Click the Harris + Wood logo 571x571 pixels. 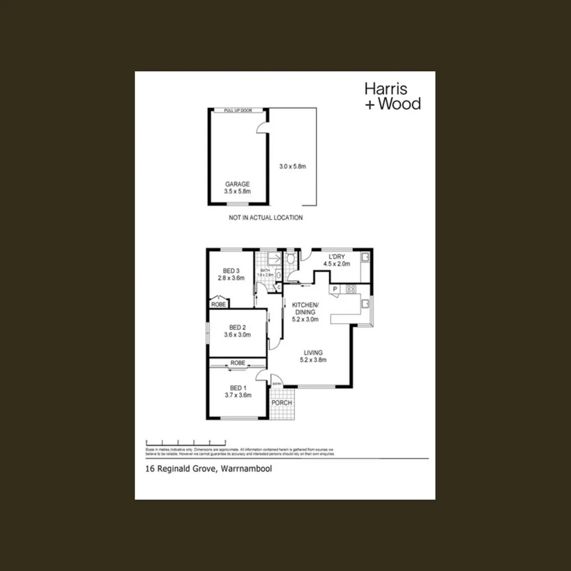[392, 96]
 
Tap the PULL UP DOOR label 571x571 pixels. [237, 110]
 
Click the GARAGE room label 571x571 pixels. [237, 188]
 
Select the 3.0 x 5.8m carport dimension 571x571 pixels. [293, 167]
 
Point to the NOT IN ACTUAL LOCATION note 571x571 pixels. [265, 217]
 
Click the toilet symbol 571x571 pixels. [291, 259]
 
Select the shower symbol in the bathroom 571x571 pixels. [274, 258]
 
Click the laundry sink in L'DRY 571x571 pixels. [365, 257]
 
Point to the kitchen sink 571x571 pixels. [365, 303]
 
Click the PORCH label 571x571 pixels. [281, 403]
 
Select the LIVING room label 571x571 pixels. [313, 356]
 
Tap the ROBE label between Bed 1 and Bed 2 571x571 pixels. [237, 363]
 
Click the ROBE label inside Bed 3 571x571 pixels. [218, 305]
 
